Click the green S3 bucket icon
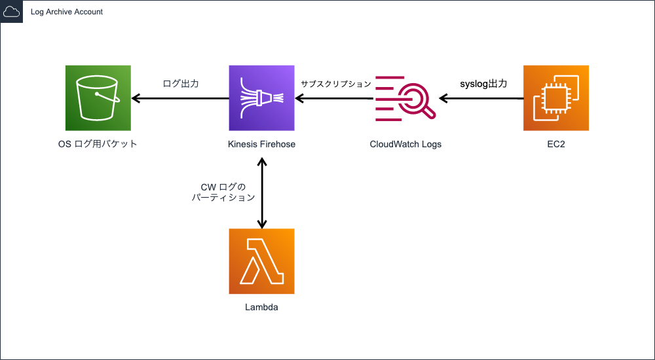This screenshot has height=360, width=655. point(98,98)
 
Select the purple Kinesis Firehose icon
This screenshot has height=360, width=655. point(261,98)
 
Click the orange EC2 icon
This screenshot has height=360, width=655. point(556,98)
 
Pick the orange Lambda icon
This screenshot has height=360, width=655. point(261,261)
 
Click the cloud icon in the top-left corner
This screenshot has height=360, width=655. point(12,12)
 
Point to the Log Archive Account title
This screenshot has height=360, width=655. point(67,12)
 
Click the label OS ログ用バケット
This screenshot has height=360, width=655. point(98,144)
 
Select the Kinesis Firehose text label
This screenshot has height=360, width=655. point(261,144)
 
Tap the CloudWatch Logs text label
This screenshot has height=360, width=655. point(405,144)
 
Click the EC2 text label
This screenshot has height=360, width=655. point(556,144)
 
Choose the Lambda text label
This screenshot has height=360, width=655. point(261,307)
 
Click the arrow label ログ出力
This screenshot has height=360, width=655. point(181,84)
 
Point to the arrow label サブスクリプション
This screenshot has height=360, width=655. point(336,84)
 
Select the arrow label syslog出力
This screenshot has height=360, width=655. point(482,84)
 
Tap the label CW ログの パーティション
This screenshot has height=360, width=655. point(223,192)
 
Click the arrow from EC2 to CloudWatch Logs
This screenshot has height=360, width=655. point(481,99)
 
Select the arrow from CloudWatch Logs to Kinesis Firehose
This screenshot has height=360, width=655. point(334,99)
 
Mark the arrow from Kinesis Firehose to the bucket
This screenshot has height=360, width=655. point(180,99)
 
